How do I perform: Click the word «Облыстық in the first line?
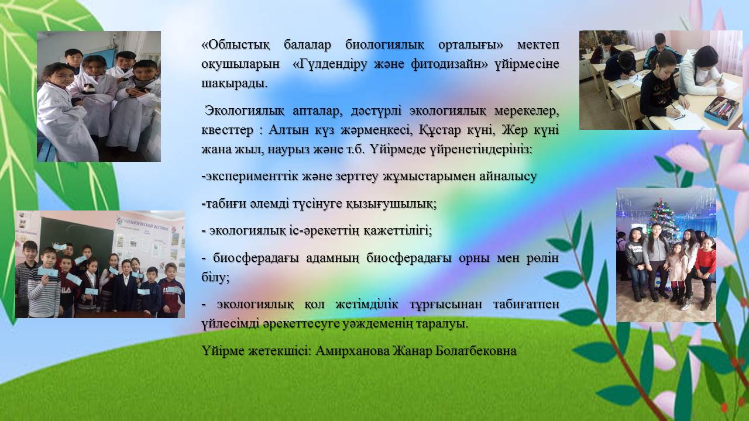pyautogui.click(x=235, y=45)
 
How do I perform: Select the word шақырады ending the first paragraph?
pyautogui.click(x=234, y=84)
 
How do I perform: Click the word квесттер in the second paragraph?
pyautogui.click(x=227, y=130)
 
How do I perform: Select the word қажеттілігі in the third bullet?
pyautogui.click(x=397, y=231)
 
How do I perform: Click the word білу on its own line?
pyautogui.click(x=215, y=277)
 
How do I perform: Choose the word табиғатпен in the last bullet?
pyautogui.click(x=526, y=304)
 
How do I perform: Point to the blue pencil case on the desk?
pyautogui.click(x=721, y=111)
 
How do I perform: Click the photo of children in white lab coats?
pyautogui.click(x=99, y=96)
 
